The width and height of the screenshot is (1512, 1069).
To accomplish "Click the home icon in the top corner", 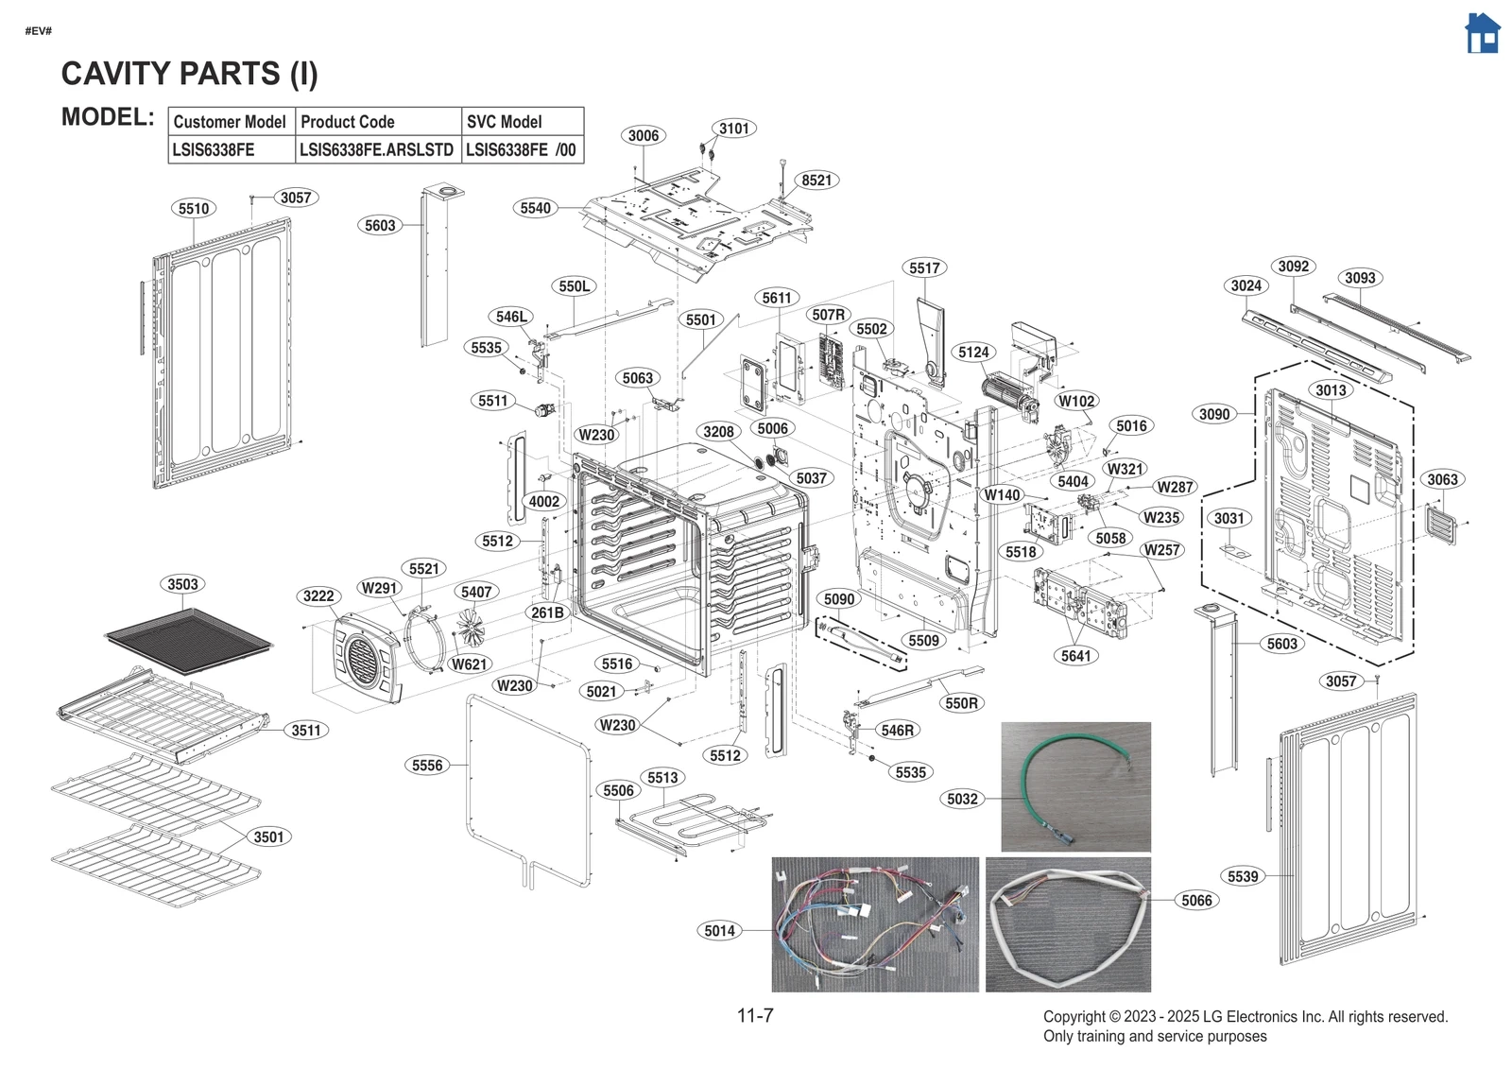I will click(1482, 34).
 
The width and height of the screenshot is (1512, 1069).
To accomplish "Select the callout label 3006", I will click(644, 136).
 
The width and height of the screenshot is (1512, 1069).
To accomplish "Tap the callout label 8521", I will click(816, 181).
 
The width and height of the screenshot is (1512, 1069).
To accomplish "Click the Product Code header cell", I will click(378, 122).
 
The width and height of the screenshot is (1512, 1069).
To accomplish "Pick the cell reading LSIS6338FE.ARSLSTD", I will click(376, 150).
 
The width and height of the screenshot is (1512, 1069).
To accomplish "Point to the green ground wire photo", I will click(1075, 786).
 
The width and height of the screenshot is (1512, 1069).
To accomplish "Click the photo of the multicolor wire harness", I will click(875, 924).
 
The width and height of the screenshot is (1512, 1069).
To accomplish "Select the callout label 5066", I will click(1196, 901).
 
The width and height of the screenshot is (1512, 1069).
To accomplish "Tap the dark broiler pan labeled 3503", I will click(189, 639).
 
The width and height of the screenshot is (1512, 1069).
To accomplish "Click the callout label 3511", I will click(306, 731).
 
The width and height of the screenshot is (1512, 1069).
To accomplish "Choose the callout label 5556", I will click(427, 766).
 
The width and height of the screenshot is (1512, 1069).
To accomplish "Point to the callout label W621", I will click(469, 664).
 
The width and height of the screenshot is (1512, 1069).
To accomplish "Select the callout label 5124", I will click(973, 353).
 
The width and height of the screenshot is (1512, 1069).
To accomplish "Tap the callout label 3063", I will click(1442, 480).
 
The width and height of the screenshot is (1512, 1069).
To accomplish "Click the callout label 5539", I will click(1243, 877).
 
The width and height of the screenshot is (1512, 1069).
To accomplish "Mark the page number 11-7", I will click(755, 1016).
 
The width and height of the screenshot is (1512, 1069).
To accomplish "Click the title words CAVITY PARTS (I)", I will click(189, 74).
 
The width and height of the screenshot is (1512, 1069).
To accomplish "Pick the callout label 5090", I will click(839, 599).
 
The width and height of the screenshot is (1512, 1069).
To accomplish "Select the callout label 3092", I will click(1294, 267).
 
